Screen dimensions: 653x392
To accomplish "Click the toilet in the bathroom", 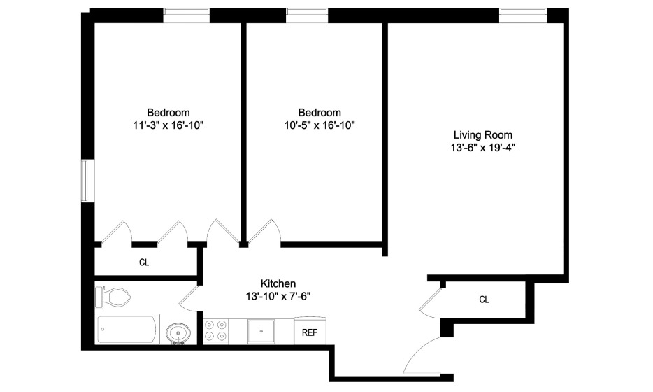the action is click(x=113, y=297).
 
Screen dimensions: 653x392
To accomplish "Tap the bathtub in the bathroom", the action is click(x=128, y=329).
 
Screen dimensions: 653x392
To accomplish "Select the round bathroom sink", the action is click(x=178, y=334).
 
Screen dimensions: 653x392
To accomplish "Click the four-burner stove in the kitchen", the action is click(x=216, y=331).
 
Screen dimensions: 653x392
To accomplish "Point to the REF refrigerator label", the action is click(x=310, y=332).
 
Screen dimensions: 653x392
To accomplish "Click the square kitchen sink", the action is click(x=261, y=331).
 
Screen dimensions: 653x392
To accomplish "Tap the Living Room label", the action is click(x=483, y=134).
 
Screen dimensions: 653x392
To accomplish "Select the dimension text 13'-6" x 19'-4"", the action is click(x=483, y=148).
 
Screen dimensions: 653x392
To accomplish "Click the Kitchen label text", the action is click(x=278, y=283).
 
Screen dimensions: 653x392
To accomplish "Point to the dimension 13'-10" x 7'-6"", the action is click(x=278, y=297).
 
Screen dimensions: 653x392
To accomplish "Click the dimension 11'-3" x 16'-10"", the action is click(x=168, y=125).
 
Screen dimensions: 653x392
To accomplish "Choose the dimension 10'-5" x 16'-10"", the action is click(x=320, y=125).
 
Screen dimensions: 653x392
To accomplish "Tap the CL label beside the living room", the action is click(x=484, y=300).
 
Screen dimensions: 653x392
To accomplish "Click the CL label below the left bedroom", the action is click(x=144, y=262).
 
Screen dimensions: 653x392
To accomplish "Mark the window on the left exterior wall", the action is click(x=85, y=180).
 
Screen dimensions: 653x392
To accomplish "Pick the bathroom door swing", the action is click(x=190, y=298).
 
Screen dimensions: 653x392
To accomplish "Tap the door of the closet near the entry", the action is click(x=430, y=302).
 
